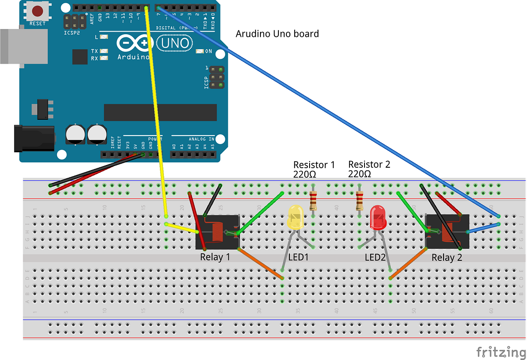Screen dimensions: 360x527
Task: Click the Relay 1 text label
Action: pyautogui.click(x=215, y=257)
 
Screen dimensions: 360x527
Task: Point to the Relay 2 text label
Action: pyautogui.click(x=447, y=258)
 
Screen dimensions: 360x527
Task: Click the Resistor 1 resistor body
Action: pyautogui.click(x=313, y=201)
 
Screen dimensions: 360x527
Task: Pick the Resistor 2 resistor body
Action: pyautogui.click(x=360, y=201)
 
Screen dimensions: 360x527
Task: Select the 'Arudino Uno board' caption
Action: pyautogui.click(x=277, y=34)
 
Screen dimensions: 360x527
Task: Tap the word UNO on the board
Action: pyautogui.click(x=175, y=43)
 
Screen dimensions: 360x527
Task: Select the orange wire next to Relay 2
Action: pyautogui.click(x=408, y=263)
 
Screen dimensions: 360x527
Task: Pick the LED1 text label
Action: pyautogui.click(x=298, y=257)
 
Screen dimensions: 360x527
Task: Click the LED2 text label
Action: pyautogui.click(x=375, y=257)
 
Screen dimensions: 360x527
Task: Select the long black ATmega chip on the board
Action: pyautogui.click(x=160, y=112)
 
